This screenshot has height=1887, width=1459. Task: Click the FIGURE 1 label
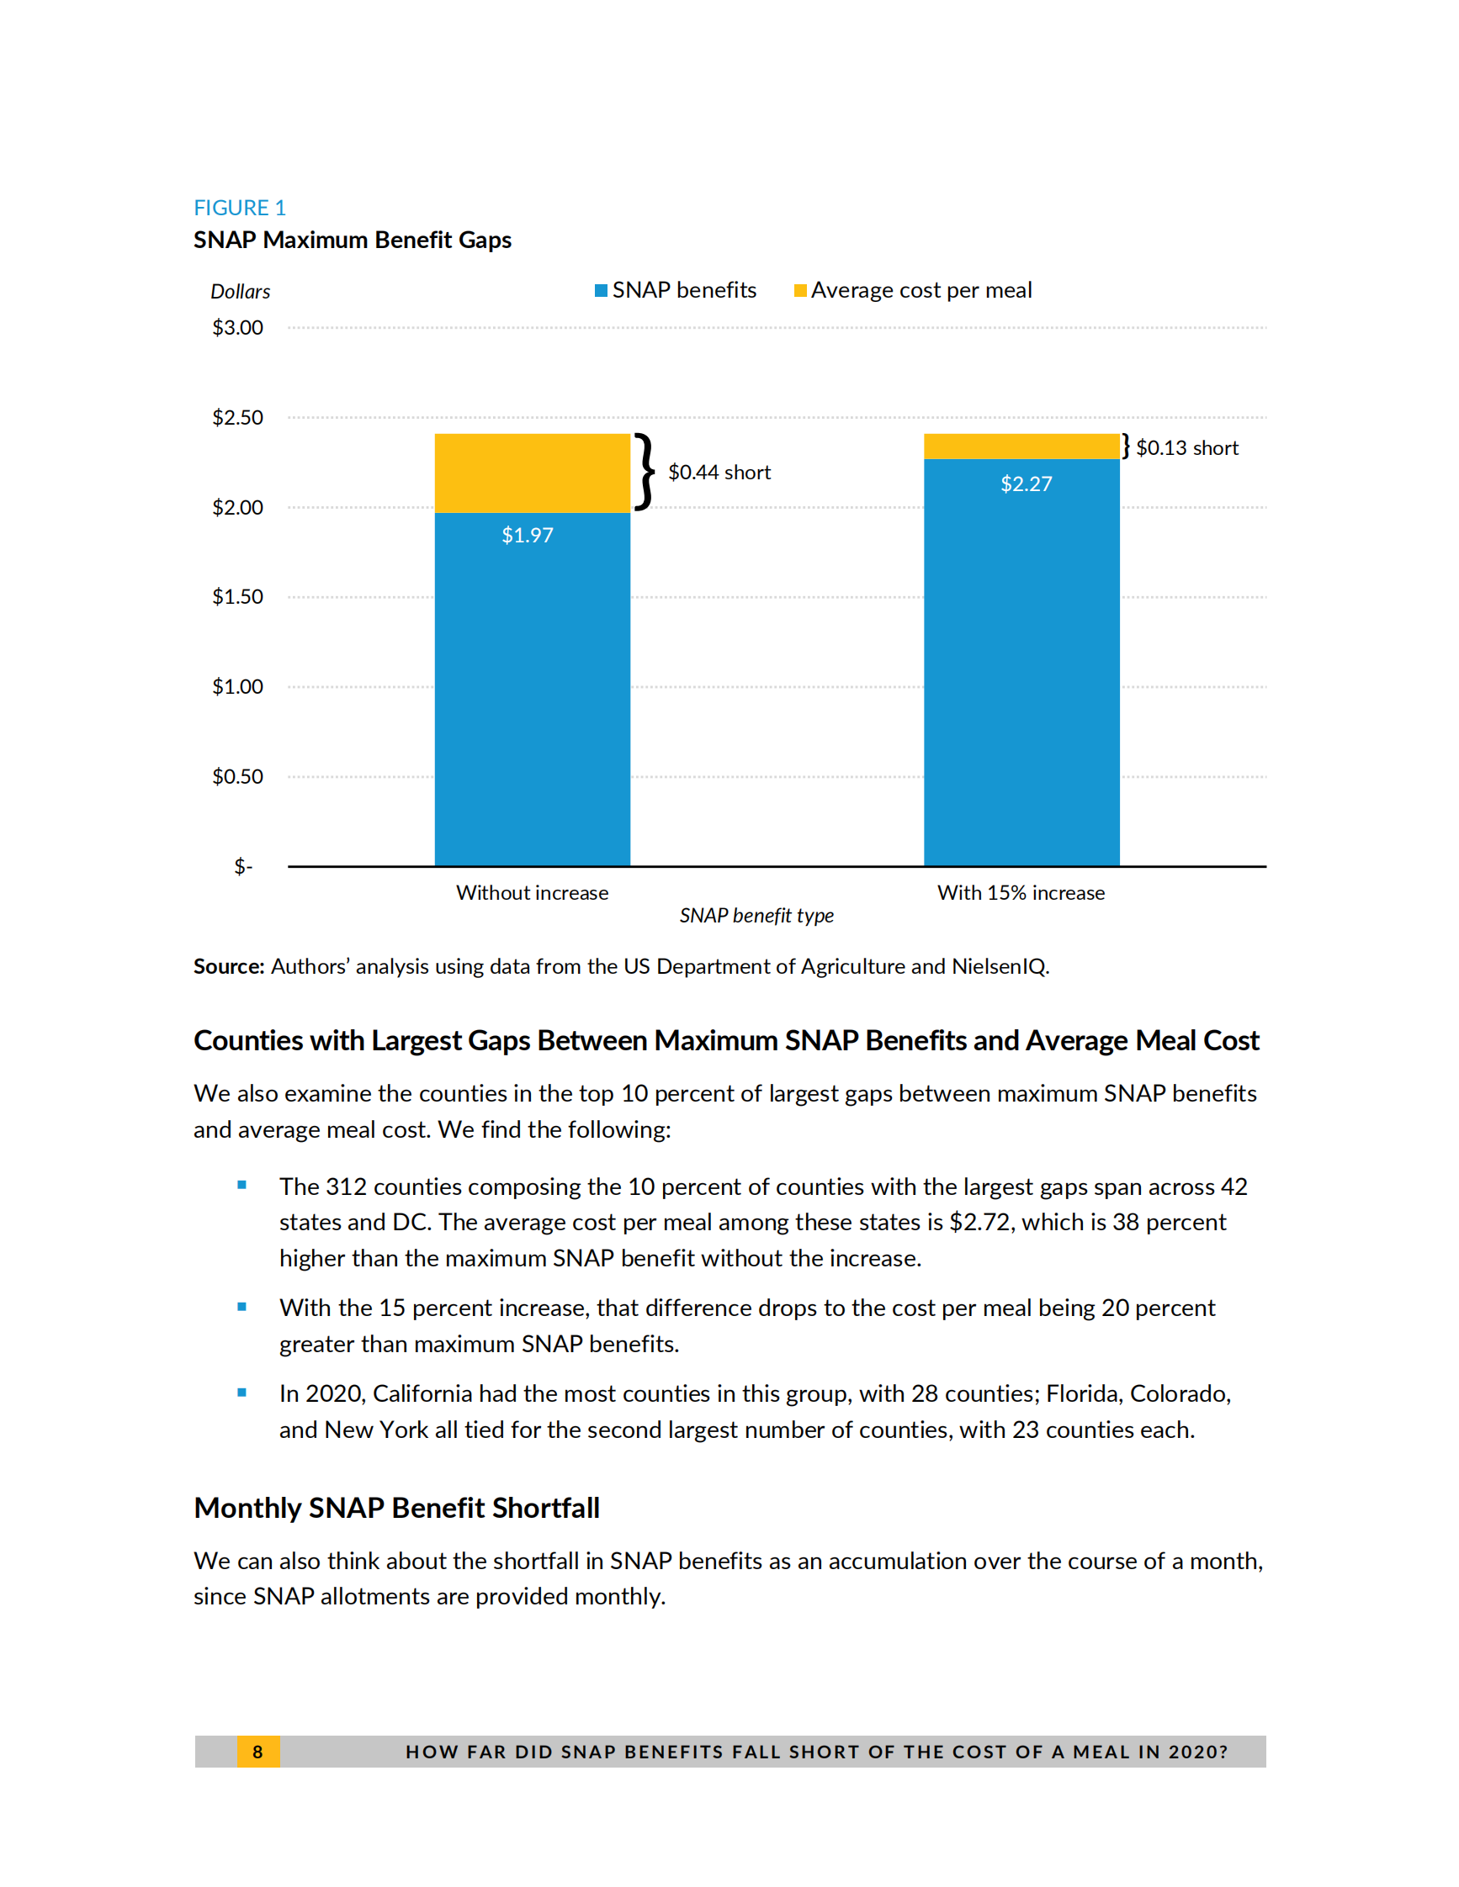coord(240,209)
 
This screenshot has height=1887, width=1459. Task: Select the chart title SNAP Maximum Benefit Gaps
coord(352,240)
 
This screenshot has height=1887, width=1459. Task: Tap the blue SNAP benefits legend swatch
coord(601,290)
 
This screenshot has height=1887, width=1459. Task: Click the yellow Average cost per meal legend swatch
coord(800,290)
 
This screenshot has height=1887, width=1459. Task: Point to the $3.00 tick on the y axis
coord(237,328)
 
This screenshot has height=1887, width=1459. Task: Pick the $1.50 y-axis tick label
coord(237,597)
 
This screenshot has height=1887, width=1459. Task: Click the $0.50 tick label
coord(237,777)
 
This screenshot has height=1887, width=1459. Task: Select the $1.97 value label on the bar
coord(528,536)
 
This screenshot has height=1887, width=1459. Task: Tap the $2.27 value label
coord(1026,484)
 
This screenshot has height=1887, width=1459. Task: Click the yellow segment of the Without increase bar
coord(532,473)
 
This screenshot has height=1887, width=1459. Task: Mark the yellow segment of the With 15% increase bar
coord(1021,447)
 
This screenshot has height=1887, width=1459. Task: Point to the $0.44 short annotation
coord(719,473)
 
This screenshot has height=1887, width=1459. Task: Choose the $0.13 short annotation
coord(1186,447)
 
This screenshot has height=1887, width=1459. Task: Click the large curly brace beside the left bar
coord(645,472)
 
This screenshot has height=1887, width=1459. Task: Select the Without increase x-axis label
coord(532,893)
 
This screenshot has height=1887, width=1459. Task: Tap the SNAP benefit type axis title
coord(756,916)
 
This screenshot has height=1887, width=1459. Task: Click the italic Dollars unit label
coord(241,292)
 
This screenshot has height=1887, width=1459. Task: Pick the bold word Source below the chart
coord(228,967)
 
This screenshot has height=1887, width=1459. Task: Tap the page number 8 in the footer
coord(257,1752)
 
